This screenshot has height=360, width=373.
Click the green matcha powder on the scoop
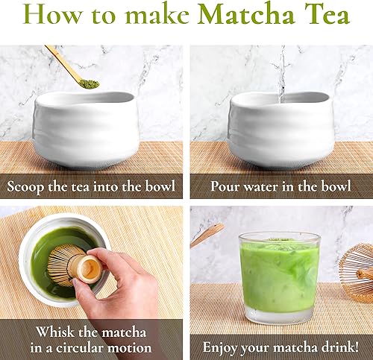click(x=88, y=83)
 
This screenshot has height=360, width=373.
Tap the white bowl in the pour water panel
click(x=280, y=130)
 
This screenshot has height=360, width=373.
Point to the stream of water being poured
click(x=280, y=71)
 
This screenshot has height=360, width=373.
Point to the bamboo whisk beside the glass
click(x=357, y=272)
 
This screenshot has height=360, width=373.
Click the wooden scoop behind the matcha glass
click(x=207, y=235)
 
